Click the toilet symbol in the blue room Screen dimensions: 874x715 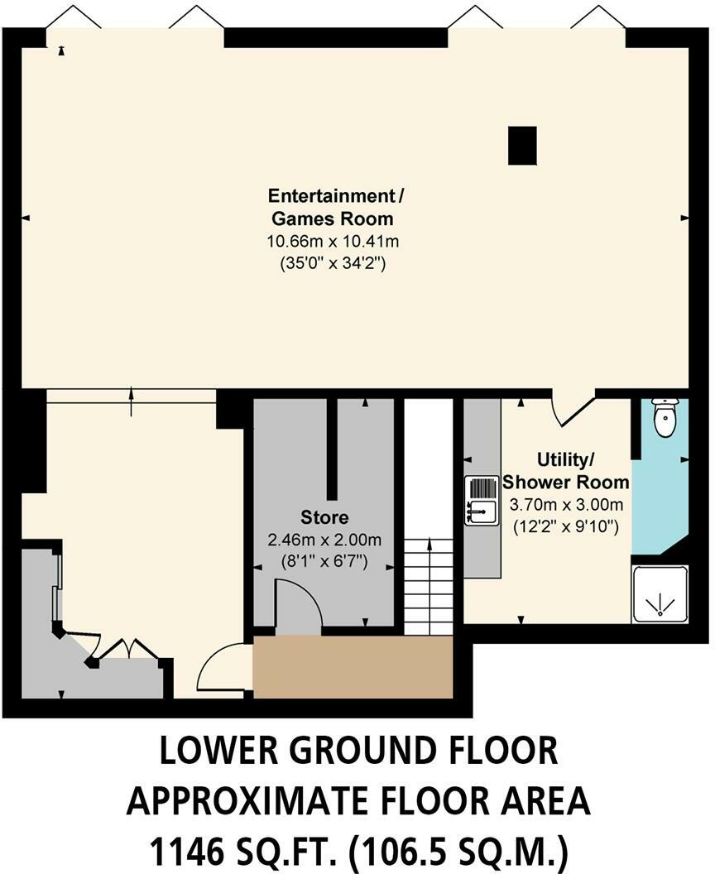(665, 417)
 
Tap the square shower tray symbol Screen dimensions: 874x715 (660, 593)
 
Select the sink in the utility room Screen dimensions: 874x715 (480, 501)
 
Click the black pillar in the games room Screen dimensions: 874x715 (522, 146)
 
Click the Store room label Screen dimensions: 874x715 (319, 519)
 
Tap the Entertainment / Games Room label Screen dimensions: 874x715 (335, 207)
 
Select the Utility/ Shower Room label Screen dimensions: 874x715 (566, 470)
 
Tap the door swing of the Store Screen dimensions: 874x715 (296, 606)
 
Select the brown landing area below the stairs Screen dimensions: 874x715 (353, 667)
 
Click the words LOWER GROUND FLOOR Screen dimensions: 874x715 (357, 751)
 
